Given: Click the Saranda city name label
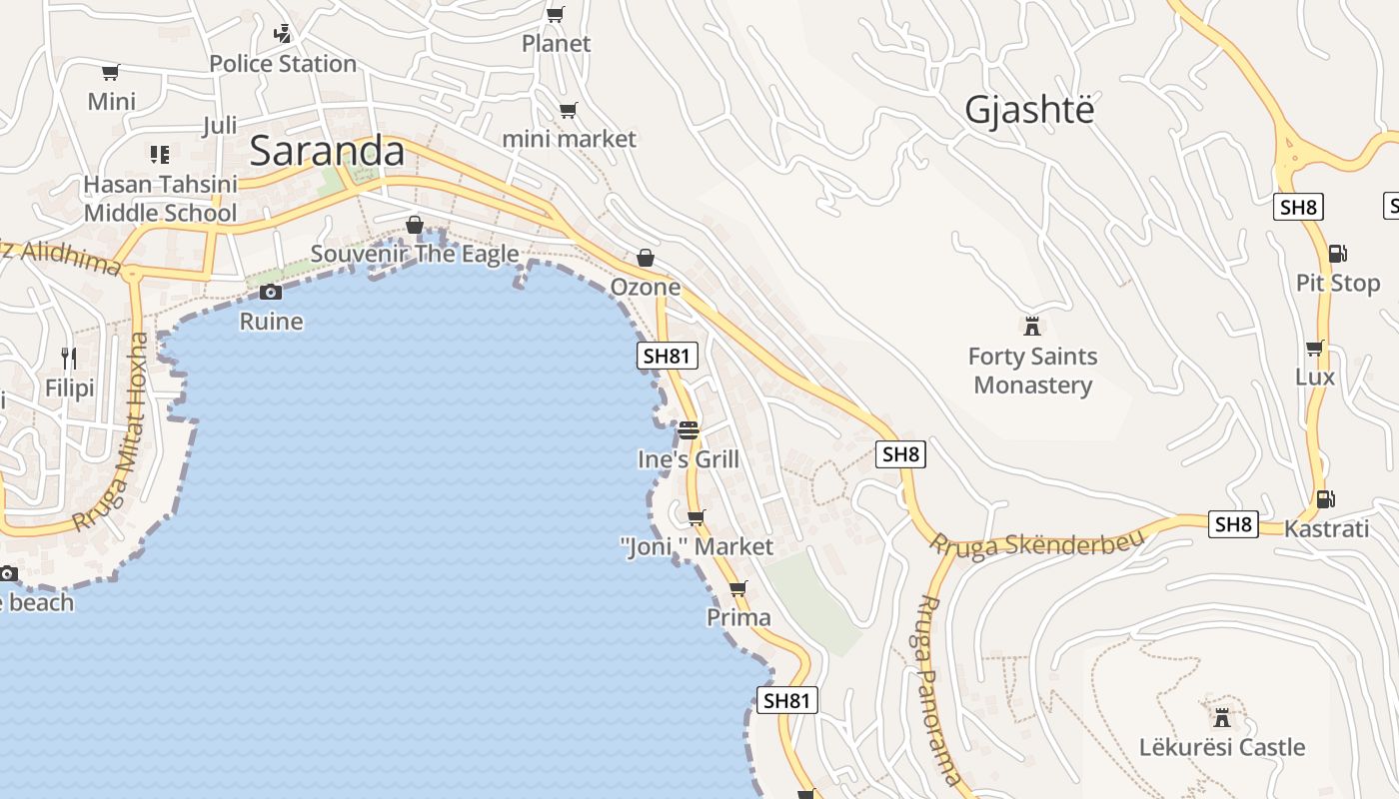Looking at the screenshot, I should pos(327,151).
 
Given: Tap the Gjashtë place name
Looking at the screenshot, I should pos(1029,110).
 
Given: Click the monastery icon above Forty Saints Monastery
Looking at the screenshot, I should pos(1032,326).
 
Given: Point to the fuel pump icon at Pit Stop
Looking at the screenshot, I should pos(1337,254).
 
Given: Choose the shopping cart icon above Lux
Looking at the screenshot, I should pos(1315,348).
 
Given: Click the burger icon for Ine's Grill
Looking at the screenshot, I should pos(689,430).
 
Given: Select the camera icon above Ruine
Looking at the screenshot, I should pos(270,292).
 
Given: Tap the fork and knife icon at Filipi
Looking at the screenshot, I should pos(69,358).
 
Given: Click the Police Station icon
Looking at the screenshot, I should pos(283,33).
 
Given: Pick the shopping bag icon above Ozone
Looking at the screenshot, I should pos(646,258).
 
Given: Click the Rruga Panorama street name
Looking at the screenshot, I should pos(938,689).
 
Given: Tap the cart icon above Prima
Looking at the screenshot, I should pos(738,588).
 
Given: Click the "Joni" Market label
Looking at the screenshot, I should pos(697,546).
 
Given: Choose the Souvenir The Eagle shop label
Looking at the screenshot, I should pos(415,254).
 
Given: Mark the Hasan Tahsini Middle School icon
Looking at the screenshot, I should pos(160,155).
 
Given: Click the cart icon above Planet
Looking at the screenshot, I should pos(556,14).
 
